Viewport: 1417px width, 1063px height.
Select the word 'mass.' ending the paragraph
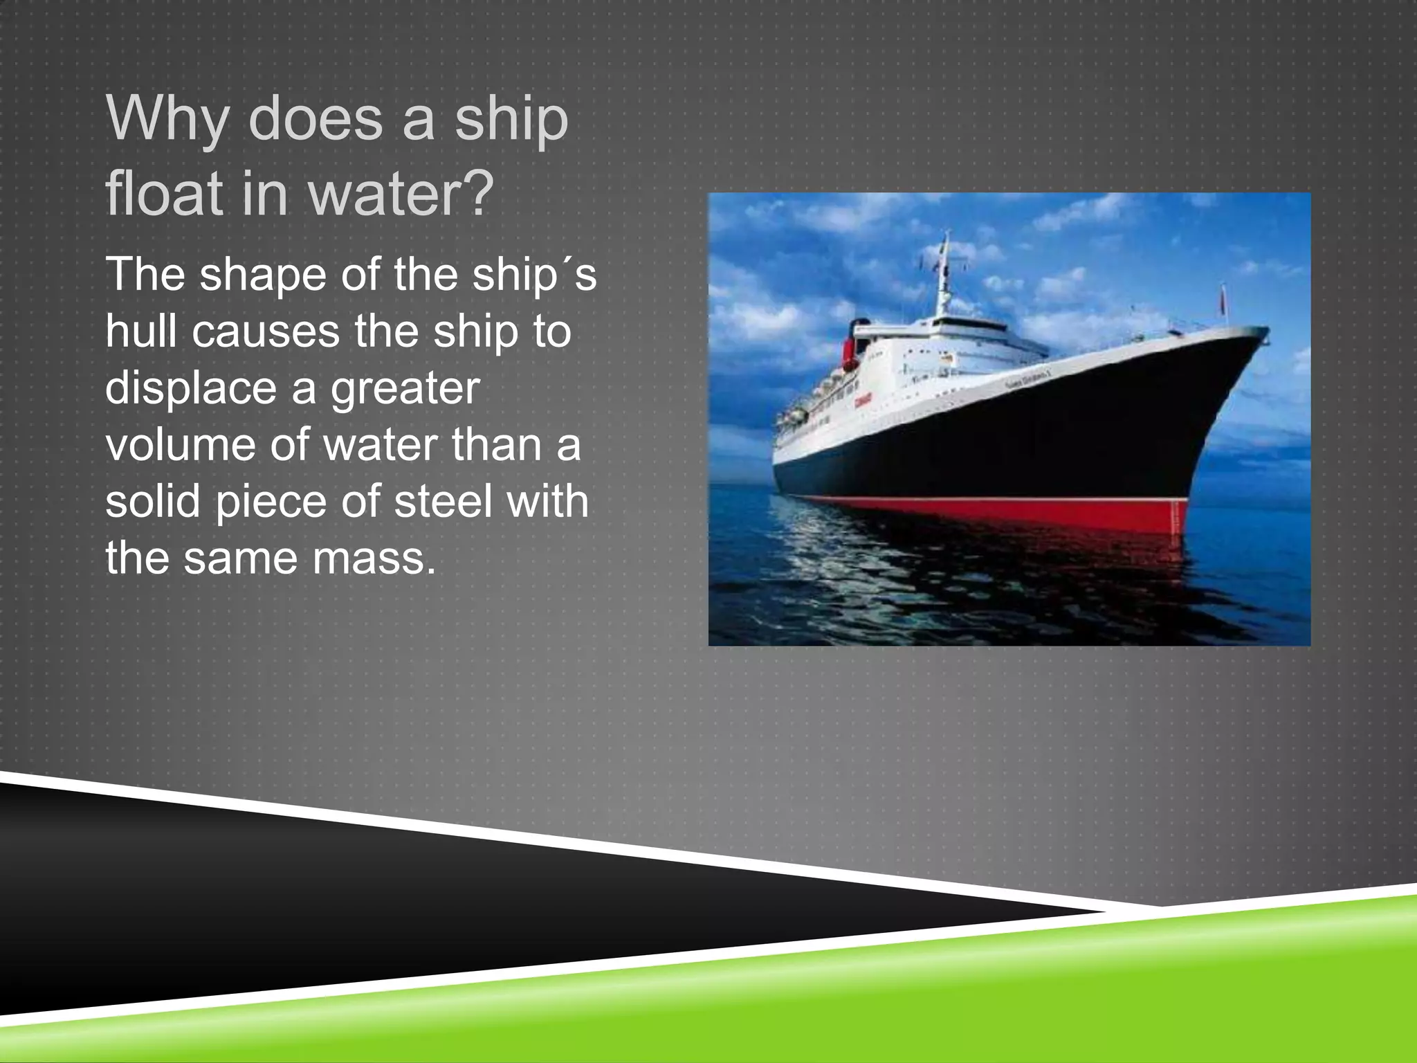(374, 558)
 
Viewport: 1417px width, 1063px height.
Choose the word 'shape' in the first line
(264, 275)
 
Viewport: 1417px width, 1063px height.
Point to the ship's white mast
(944, 277)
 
